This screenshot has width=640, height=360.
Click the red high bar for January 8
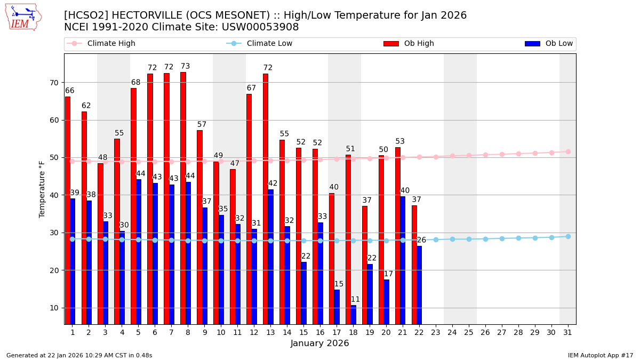(183, 197)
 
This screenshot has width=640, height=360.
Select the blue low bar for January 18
(353, 315)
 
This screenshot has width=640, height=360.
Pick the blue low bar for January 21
(403, 260)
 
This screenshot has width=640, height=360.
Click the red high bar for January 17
(331, 259)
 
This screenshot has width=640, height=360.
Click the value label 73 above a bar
(185, 67)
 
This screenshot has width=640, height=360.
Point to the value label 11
(355, 300)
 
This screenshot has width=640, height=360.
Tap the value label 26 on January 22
(421, 241)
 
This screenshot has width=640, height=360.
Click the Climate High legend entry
(111, 44)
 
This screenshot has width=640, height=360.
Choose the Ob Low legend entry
(558, 44)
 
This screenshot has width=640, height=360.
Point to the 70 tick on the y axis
(54, 83)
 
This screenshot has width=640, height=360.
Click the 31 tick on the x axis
(567, 332)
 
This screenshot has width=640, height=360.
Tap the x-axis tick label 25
(469, 332)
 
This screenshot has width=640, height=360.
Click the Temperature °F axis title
(42, 189)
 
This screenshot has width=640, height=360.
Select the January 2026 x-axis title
(319, 344)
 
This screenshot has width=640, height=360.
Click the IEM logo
(23, 17)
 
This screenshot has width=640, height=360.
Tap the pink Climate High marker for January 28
(518, 154)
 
